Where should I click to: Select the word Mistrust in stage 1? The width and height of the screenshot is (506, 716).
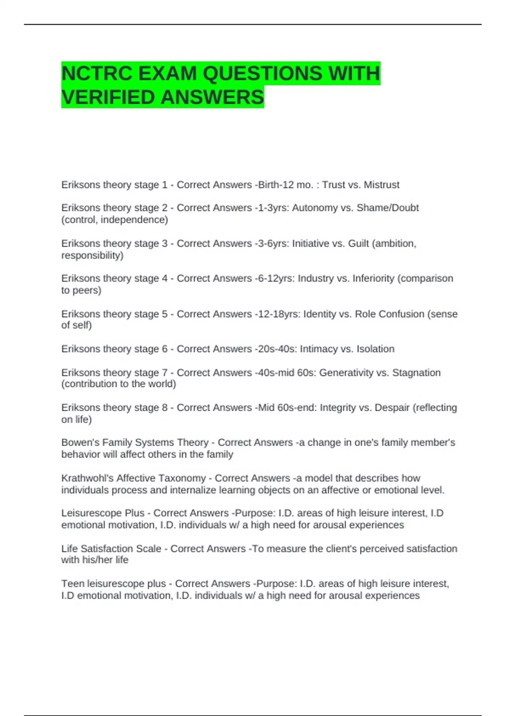coord(382,185)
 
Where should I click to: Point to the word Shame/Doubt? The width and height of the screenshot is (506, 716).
coord(388,208)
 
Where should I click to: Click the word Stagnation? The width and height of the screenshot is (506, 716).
coord(416,373)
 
